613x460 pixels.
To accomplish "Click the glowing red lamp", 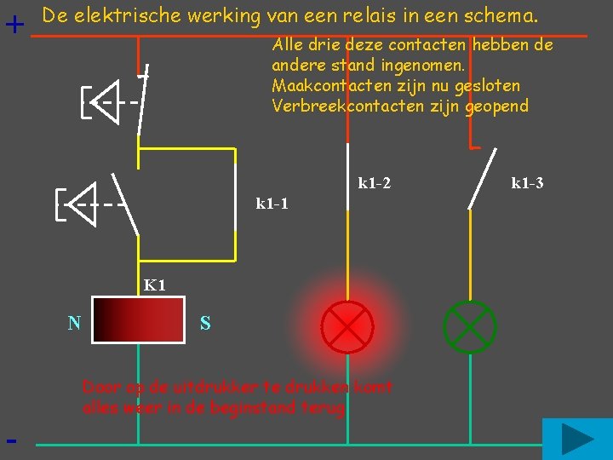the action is (347, 326).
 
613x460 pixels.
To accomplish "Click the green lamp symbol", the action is (470, 326).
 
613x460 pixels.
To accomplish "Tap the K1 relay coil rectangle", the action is (138, 319).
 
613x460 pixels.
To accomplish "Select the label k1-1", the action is (272, 204).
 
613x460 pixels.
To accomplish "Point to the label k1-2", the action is (375, 182).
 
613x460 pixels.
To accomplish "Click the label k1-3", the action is (527, 182).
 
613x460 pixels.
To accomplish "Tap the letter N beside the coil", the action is (75, 322).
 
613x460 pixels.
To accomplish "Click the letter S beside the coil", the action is (205, 324).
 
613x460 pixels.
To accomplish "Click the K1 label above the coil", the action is (154, 285).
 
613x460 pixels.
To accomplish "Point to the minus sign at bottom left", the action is (11, 441).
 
